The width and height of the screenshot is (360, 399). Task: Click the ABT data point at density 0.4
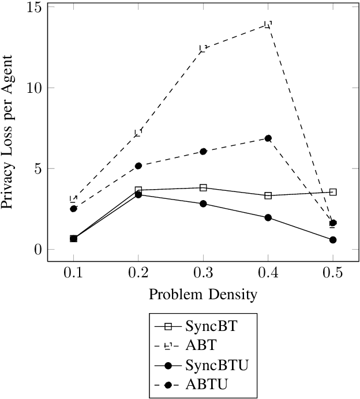(x=268, y=24)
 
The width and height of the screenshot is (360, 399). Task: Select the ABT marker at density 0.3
(x=203, y=48)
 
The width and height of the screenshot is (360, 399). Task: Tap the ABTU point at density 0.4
(x=268, y=138)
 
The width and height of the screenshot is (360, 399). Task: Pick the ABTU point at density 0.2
(x=138, y=165)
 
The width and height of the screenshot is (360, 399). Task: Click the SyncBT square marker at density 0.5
(x=333, y=192)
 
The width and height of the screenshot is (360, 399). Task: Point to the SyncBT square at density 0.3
(x=203, y=187)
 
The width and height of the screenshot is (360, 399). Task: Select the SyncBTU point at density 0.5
(x=333, y=240)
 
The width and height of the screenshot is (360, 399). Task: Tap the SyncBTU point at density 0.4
(x=268, y=217)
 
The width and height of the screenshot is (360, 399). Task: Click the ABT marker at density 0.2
(x=138, y=133)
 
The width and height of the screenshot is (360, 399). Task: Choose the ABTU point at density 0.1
(x=73, y=209)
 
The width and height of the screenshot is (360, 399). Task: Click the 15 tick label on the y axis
(x=33, y=7)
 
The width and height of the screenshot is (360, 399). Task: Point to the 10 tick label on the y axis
(x=33, y=88)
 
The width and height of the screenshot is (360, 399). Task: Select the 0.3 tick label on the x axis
(x=203, y=272)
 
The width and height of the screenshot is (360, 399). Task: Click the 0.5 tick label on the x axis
(x=333, y=272)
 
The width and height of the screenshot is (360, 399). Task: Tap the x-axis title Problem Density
(x=203, y=295)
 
